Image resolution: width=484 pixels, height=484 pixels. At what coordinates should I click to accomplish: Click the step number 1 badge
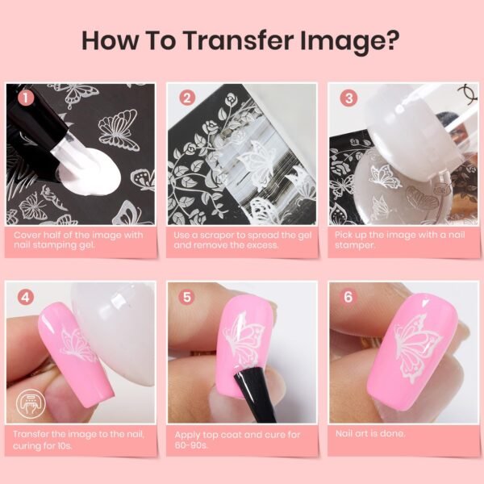point(26,98)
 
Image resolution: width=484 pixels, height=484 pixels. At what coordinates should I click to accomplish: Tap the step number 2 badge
point(187,98)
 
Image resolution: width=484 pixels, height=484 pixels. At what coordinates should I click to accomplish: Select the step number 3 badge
point(348,98)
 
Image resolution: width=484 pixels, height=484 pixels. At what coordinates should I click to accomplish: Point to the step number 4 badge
point(25,297)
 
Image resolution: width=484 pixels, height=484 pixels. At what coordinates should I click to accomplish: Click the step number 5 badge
point(187,297)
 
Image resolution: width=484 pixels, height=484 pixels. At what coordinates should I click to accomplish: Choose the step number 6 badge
point(348,297)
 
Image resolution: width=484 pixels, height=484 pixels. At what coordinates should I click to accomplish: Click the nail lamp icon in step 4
point(31,404)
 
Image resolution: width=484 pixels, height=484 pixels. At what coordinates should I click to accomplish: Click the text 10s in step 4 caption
point(64,446)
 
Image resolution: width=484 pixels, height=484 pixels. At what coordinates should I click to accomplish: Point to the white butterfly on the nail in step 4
point(76,345)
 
